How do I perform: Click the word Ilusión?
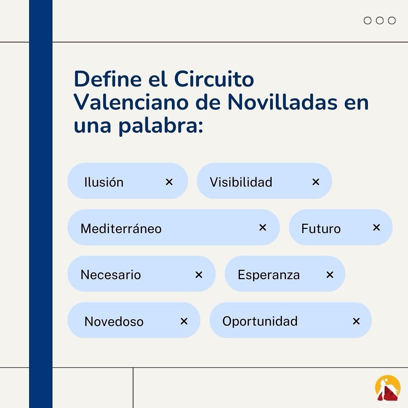pos(104,182)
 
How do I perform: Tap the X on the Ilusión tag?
pos(169,182)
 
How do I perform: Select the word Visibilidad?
pos(241,182)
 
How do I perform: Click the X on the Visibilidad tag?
pos(316,182)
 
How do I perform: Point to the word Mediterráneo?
pos(121,229)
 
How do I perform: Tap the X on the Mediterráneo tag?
pos(263,227)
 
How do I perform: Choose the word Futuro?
pos(321,229)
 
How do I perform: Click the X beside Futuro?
pos(376,227)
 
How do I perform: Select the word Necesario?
pos(111,275)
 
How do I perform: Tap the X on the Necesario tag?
pos(199,275)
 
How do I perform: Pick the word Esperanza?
pos(269,275)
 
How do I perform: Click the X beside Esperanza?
pos(330,275)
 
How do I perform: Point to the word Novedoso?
pos(114,321)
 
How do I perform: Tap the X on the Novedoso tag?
pos(184,321)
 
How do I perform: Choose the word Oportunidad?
pos(260,321)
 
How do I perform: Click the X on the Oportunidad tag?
pos(356,321)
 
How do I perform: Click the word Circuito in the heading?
pos(214,79)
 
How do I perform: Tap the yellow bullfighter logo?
pos(388,388)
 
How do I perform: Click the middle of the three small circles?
pos(380,20)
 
